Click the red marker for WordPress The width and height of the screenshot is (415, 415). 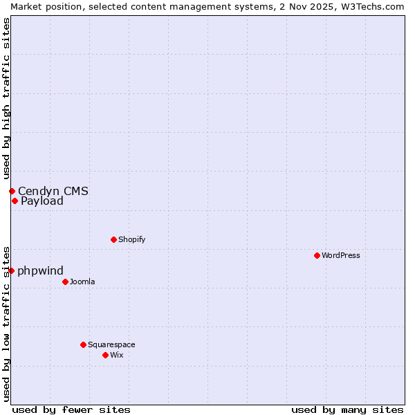click(x=317, y=255)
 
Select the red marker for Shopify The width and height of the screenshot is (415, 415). click(x=113, y=239)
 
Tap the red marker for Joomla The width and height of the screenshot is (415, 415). click(x=65, y=282)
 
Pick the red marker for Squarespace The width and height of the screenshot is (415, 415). click(x=83, y=344)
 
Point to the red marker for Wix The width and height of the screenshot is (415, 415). click(x=105, y=355)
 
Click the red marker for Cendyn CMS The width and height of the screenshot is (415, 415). click(x=12, y=191)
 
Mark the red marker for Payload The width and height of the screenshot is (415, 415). click(x=15, y=201)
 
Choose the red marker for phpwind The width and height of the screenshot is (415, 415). click(x=12, y=270)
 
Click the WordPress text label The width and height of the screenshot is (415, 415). click(x=341, y=255)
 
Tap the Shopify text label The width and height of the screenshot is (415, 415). click(x=131, y=239)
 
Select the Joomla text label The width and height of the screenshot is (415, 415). click(x=82, y=282)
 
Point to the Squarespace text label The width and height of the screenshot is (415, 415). click(x=111, y=344)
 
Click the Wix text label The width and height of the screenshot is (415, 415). click(x=116, y=355)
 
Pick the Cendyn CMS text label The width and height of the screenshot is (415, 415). click(x=53, y=191)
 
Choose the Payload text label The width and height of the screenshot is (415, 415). click(x=42, y=201)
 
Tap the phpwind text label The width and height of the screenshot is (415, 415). click(x=41, y=270)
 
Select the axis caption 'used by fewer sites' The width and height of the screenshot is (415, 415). click(x=71, y=409)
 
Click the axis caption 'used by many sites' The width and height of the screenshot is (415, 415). click(x=347, y=409)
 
